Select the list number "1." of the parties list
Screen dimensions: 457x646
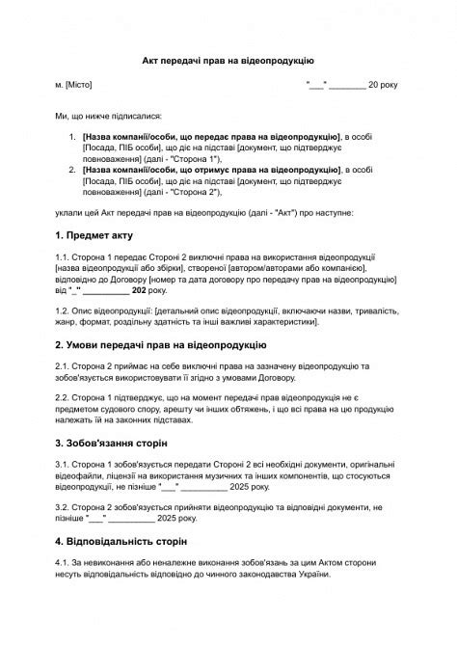click(73, 138)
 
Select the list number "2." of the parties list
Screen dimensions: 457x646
click(73, 170)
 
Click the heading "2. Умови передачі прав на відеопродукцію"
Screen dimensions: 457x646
click(160, 344)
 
